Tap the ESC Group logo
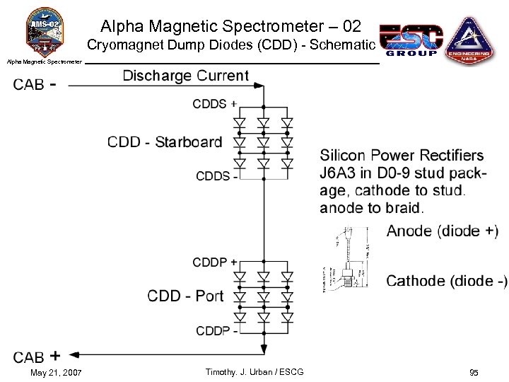pos(411,40)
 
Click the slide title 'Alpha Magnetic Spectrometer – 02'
pos(230,27)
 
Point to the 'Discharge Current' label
pos(185,76)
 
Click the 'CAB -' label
pos(35,85)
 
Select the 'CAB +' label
pos(36,357)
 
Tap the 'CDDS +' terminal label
pos(214,104)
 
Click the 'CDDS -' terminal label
pos(216,176)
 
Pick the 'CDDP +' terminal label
pos(214,262)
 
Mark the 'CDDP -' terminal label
pos(216,330)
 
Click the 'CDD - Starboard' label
pos(165,142)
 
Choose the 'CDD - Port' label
pos(185,296)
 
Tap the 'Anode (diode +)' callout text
pos(442,231)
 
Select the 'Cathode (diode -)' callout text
pos(446,281)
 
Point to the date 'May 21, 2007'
pos(56,372)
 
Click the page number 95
pos(473,372)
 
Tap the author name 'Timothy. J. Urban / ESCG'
pos(254,372)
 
